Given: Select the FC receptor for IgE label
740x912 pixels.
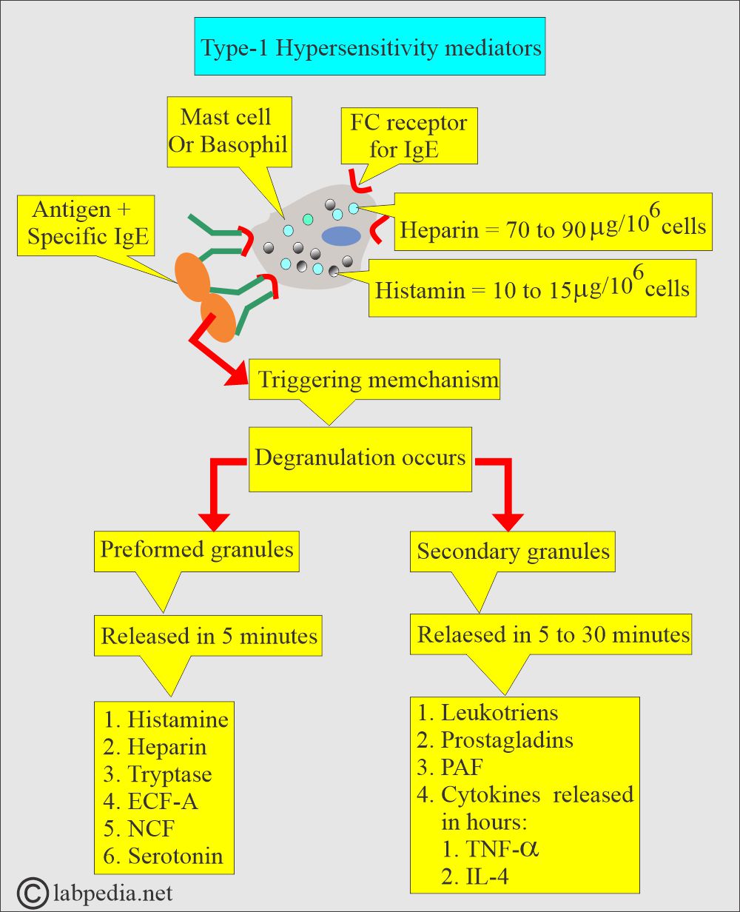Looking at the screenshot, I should (x=408, y=135).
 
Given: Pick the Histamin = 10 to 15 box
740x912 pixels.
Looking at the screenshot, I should (x=532, y=288).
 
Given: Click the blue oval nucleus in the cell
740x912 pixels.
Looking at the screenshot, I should (x=340, y=235).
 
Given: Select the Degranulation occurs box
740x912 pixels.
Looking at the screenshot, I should (x=360, y=457).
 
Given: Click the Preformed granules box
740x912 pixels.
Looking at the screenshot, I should (x=197, y=551).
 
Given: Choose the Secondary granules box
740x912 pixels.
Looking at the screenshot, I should (x=513, y=551).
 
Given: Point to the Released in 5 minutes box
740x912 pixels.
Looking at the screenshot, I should (x=209, y=636).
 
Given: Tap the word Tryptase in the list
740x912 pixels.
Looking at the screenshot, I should (x=169, y=774).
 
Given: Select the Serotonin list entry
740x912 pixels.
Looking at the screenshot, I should (x=175, y=856).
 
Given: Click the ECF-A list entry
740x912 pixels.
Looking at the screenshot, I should (x=163, y=802).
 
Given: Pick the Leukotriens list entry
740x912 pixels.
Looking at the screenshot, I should (x=499, y=713).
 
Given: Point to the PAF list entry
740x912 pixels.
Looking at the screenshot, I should (x=462, y=767).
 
